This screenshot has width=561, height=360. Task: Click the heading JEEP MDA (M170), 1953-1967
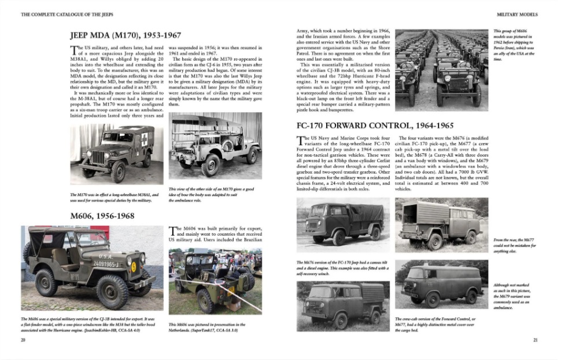click(x=124, y=35)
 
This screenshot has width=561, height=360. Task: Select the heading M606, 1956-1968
click(x=102, y=216)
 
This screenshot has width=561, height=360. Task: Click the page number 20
click(x=23, y=340)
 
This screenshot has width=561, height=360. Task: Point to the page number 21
click(x=536, y=340)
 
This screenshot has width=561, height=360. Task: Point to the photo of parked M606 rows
click(x=440, y=69)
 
